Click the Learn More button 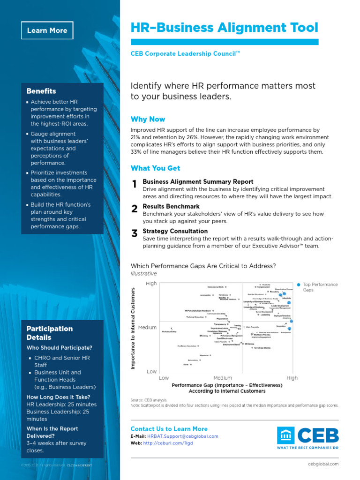point(47,30)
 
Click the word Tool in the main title point(302,28)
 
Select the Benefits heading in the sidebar point(41,91)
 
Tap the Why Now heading point(148,119)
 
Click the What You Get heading point(155,168)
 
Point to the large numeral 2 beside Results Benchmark point(135,209)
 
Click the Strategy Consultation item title point(175,231)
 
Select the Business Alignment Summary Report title point(198,181)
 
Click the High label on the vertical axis point(151,284)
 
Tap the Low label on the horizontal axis point(164,378)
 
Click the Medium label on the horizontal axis point(223,378)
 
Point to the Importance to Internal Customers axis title point(133,328)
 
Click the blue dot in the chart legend point(299,285)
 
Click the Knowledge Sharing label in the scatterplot point(262,348)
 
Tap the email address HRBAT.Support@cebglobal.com point(188,436)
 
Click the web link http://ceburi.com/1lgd point(168,443)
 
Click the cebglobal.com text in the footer point(324,464)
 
